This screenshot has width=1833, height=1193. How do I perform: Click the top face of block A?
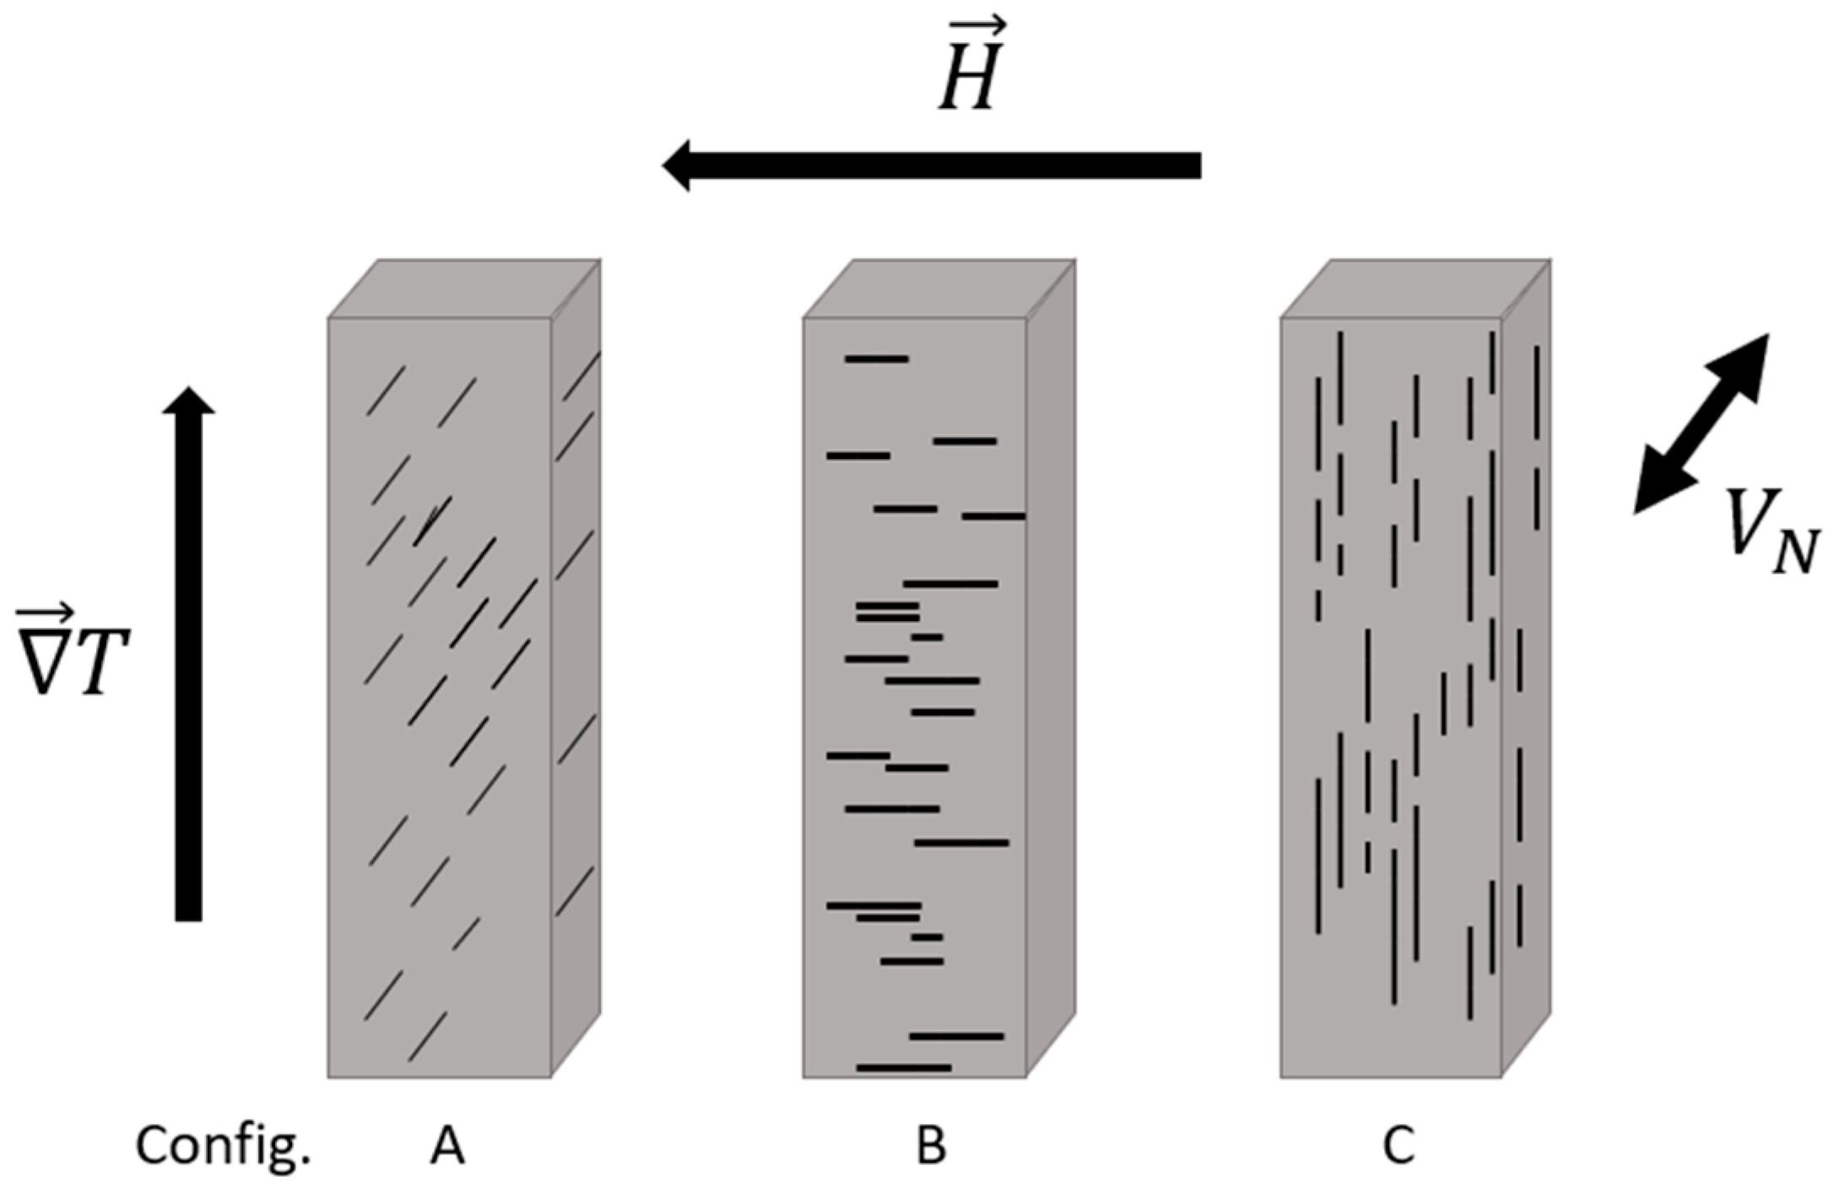point(464,289)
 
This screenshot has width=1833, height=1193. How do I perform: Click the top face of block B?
point(939,289)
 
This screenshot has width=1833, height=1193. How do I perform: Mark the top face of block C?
point(1415,289)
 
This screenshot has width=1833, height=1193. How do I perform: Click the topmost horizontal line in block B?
point(877,359)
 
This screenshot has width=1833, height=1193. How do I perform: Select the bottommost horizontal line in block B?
point(904,1068)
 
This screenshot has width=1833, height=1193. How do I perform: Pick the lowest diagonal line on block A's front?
point(428,1036)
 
